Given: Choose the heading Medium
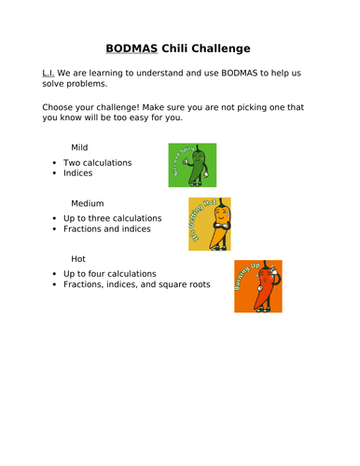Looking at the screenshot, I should (x=88, y=202).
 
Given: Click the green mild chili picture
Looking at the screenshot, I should (x=192, y=165).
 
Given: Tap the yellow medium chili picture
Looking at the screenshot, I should (x=210, y=224).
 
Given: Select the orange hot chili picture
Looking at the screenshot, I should (x=258, y=286).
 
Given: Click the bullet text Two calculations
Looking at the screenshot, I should (x=98, y=162).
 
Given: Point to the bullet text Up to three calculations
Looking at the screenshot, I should (x=112, y=218).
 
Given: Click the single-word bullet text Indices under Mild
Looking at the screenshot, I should (x=80, y=173).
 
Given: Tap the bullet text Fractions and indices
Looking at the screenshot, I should (x=114, y=229).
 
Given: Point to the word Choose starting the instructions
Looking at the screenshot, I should (x=60, y=107).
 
